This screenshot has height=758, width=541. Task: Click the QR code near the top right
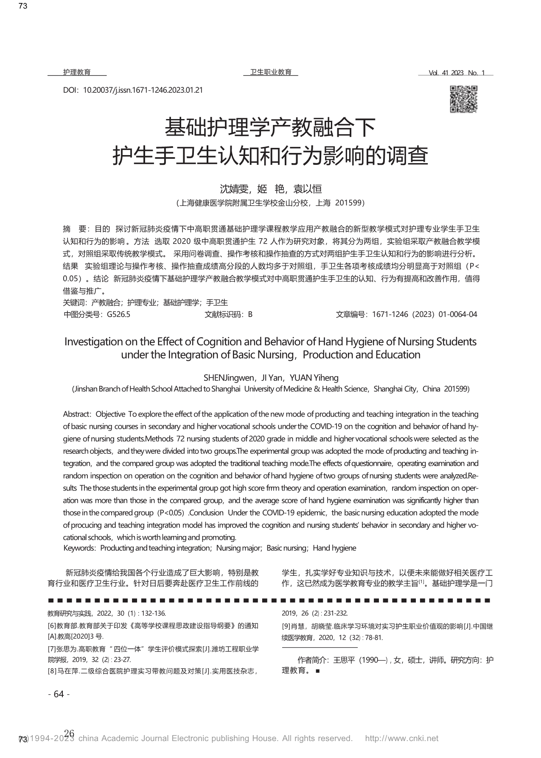pyautogui.click(x=463, y=99)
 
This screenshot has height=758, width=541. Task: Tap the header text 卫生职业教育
pyautogui.click(x=271, y=72)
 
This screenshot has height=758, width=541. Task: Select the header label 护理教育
pyautogui.click(x=77, y=72)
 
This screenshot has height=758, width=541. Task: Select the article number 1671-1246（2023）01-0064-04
pyautogui.click(x=424, y=314)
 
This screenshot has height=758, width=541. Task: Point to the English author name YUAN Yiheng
pyautogui.click(x=314, y=378)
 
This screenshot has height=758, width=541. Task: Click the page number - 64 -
pyautogui.click(x=59, y=694)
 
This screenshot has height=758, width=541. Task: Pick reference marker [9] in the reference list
pyautogui.click(x=286, y=626)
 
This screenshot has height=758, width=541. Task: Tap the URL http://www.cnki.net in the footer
pyautogui.click(x=401, y=739)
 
